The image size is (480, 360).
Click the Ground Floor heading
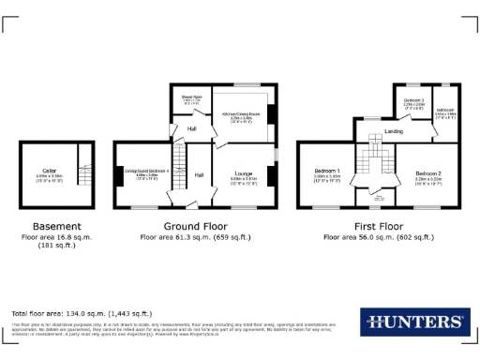click(x=196, y=226)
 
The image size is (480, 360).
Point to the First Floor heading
click(x=378, y=226)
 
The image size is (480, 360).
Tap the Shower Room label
click(x=190, y=97)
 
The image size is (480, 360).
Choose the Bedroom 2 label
click(x=428, y=172)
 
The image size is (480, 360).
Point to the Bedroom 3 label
click(x=413, y=99)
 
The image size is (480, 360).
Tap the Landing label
click(x=395, y=131)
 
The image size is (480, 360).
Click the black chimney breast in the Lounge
click(x=272, y=175)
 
